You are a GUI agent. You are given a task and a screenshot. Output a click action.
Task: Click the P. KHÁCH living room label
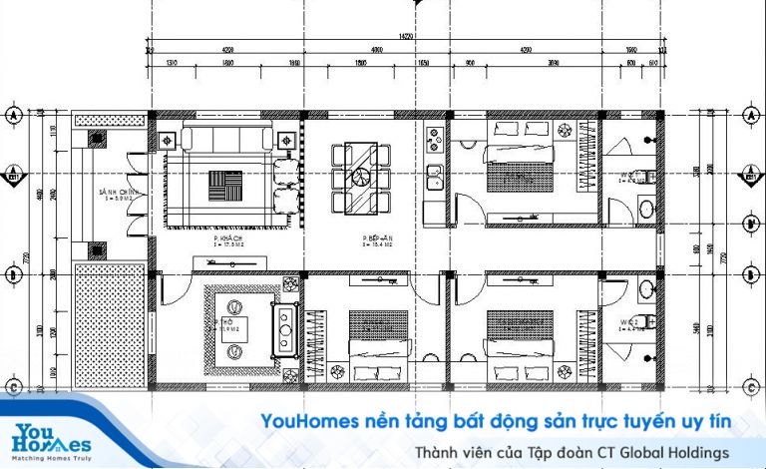click(223, 240)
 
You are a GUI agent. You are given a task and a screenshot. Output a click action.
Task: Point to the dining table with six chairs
click(362, 177)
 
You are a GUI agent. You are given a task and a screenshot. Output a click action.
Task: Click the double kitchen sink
click(434, 178)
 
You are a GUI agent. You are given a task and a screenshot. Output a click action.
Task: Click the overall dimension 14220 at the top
click(405, 36)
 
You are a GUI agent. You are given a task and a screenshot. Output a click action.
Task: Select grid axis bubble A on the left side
click(14, 115)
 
